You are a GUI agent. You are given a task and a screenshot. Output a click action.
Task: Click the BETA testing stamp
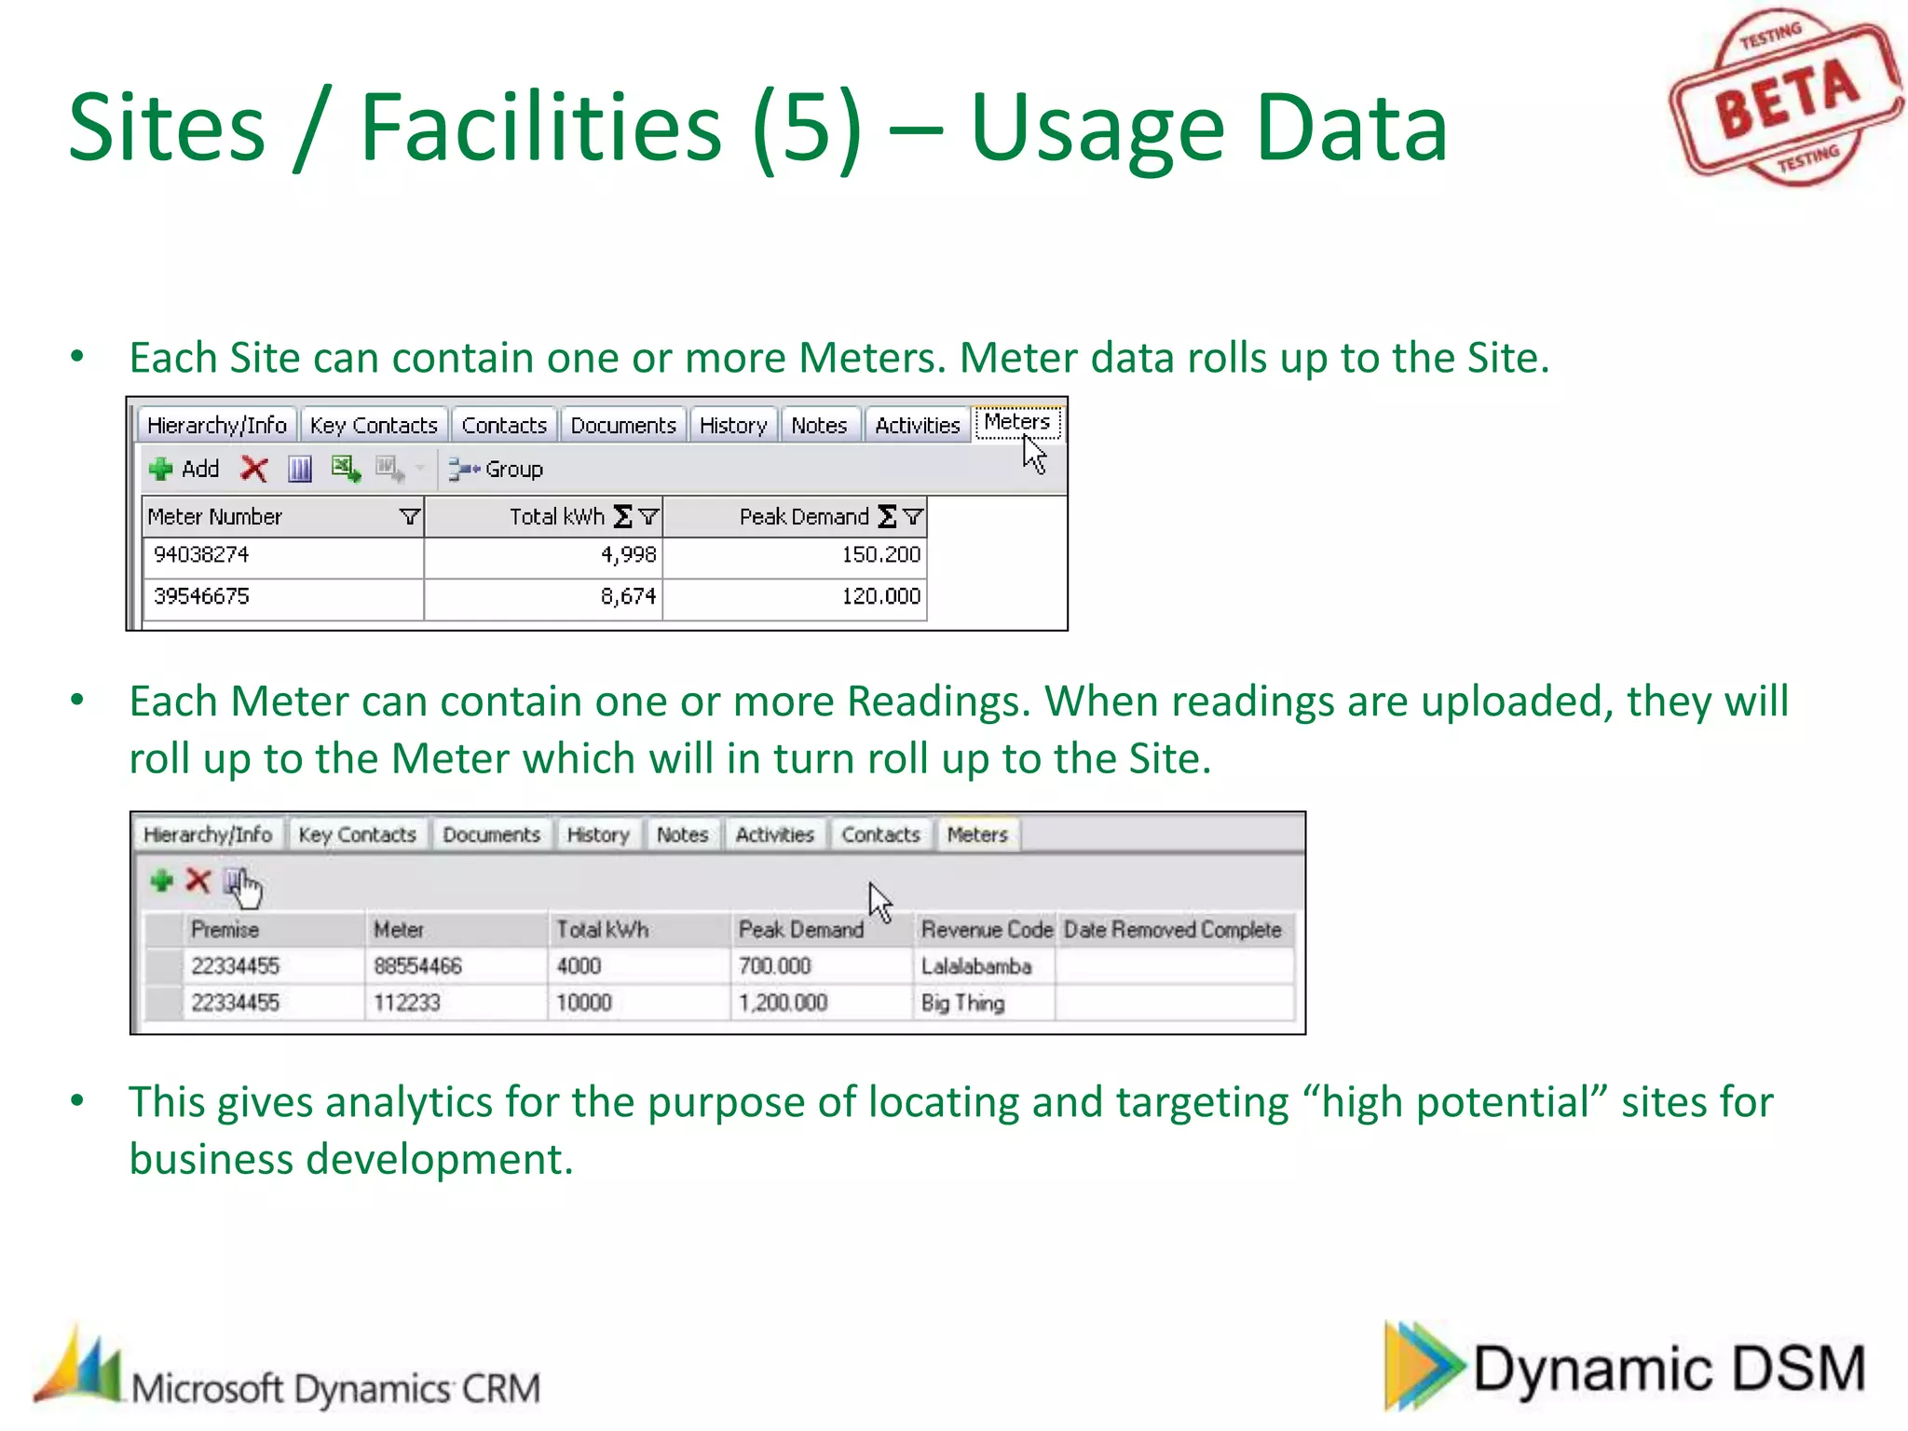coord(1784,97)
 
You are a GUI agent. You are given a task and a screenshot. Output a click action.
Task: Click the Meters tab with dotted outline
coord(1016,422)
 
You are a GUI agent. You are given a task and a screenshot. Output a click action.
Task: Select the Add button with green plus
coord(184,469)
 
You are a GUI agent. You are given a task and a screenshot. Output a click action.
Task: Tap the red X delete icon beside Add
coord(253,469)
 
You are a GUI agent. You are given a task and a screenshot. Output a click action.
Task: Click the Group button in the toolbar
coord(496,469)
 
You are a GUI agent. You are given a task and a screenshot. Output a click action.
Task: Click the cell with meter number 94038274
coord(201,555)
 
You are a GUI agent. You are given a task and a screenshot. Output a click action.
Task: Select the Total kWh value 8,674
coord(628,596)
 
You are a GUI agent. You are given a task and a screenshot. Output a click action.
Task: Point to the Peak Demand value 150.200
coord(880,555)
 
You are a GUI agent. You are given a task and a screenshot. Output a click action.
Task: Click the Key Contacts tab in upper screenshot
coord(374,426)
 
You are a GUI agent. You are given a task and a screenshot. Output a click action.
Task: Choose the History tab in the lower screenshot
coord(598,835)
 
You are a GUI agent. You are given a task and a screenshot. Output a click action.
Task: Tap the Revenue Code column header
coord(986,930)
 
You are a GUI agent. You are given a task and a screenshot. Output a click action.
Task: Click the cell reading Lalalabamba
coord(976,966)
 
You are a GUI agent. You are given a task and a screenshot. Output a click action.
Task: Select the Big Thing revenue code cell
coord(962,1003)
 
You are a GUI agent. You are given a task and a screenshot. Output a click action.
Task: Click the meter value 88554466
coord(417,966)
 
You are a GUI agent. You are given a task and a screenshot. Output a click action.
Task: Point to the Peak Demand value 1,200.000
coord(783,1003)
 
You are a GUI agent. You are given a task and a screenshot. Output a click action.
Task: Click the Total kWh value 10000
coord(584,1003)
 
